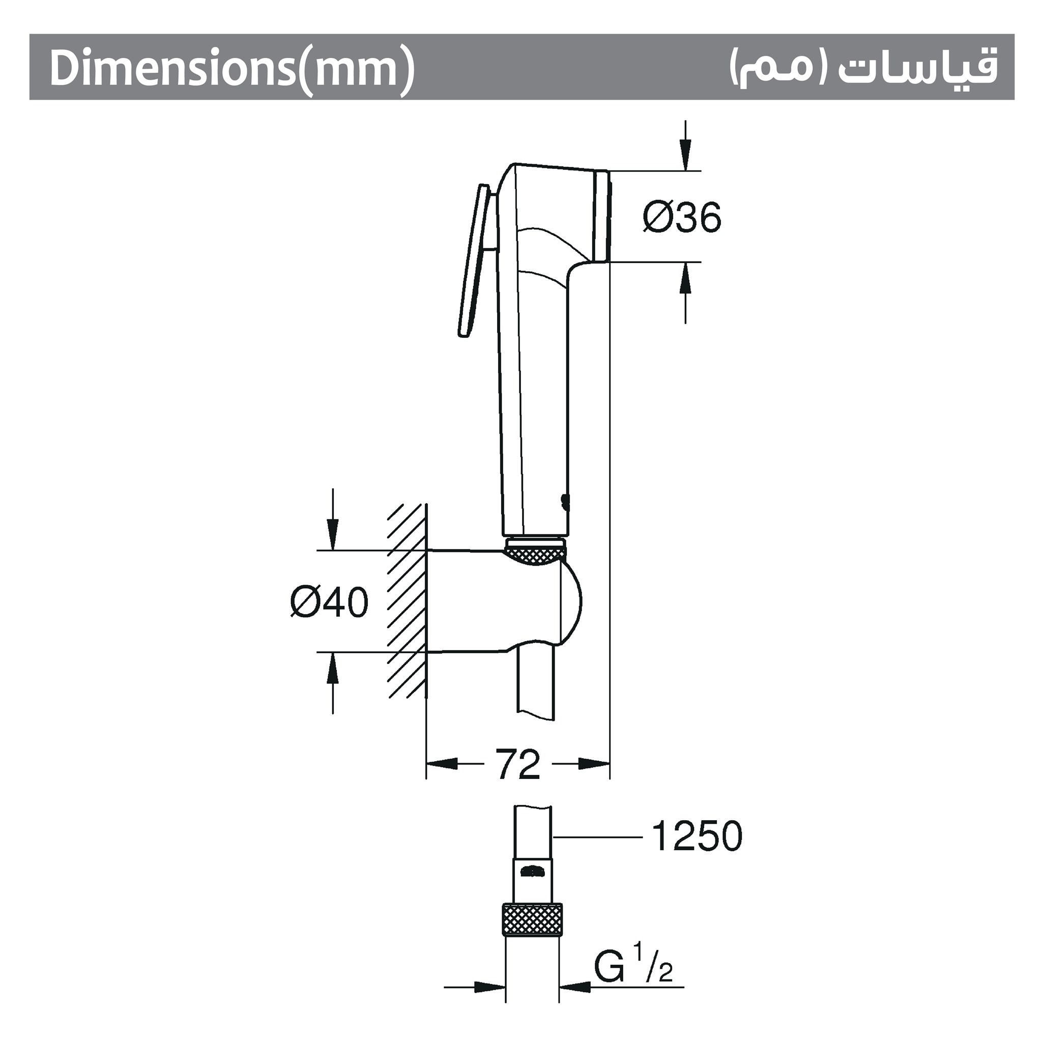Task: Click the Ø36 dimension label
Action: [x=682, y=218]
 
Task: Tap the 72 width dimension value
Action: [x=518, y=764]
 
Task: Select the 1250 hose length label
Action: [x=697, y=836]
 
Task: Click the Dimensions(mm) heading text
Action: [x=232, y=68]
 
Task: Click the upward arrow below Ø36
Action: [x=685, y=280]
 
